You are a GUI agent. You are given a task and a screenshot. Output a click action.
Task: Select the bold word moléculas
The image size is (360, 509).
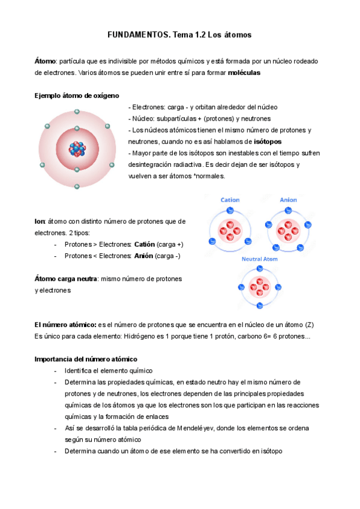click(x=244, y=73)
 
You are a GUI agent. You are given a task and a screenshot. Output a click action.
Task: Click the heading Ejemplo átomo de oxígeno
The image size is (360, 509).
click(x=77, y=95)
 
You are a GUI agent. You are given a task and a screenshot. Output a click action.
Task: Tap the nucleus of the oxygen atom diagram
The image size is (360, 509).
click(x=77, y=148)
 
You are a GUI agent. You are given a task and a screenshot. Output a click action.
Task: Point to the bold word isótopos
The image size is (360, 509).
click(x=268, y=142)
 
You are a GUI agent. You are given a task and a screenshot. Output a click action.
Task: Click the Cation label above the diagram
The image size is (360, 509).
click(x=230, y=200)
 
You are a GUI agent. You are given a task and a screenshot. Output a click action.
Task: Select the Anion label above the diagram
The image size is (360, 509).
click(x=288, y=200)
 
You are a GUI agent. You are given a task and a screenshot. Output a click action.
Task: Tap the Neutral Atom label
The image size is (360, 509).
click(x=259, y=259)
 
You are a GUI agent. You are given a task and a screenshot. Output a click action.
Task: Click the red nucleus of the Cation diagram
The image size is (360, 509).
click(x=230, y=227)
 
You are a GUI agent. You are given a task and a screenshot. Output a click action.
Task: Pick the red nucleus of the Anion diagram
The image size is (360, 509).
click(x=288, y=227)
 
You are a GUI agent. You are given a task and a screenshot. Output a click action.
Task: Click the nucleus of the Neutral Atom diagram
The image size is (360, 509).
click(x=259, y=286)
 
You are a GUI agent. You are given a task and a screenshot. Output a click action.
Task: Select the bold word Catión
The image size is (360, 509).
click(x=144, y=244)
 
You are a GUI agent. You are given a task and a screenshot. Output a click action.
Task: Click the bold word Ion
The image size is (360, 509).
click(x=40, y=221)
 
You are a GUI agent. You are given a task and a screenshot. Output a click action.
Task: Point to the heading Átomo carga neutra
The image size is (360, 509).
click(x=66, y=279)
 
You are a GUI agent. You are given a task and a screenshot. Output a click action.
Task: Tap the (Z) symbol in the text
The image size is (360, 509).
click(x=309, y=325)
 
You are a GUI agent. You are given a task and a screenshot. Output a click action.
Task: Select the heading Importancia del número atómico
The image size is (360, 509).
click(x=86, y=359)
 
